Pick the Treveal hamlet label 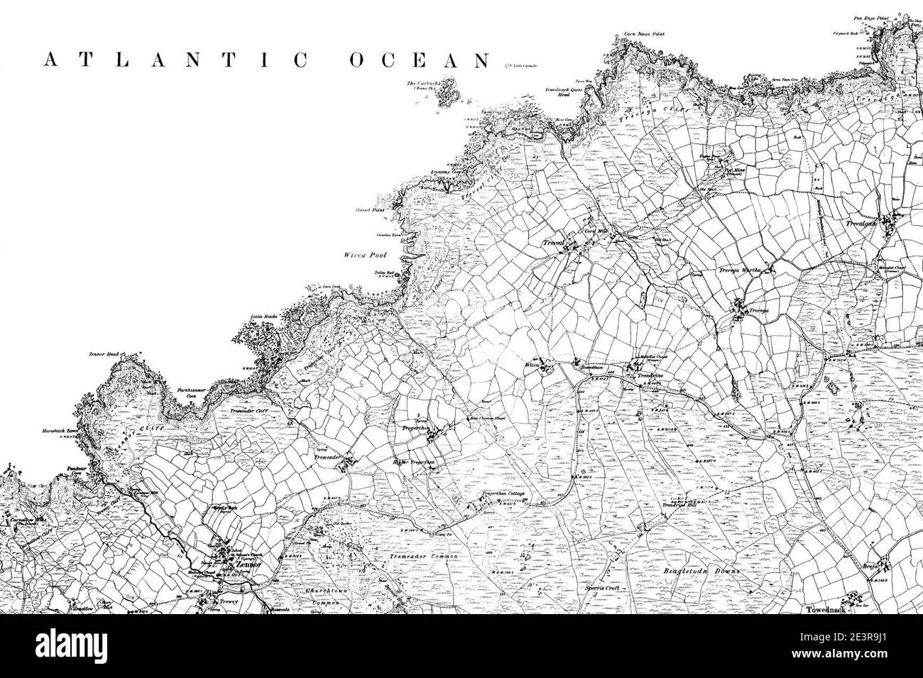[x=551, y=244]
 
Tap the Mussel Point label [x=367, y=211]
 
